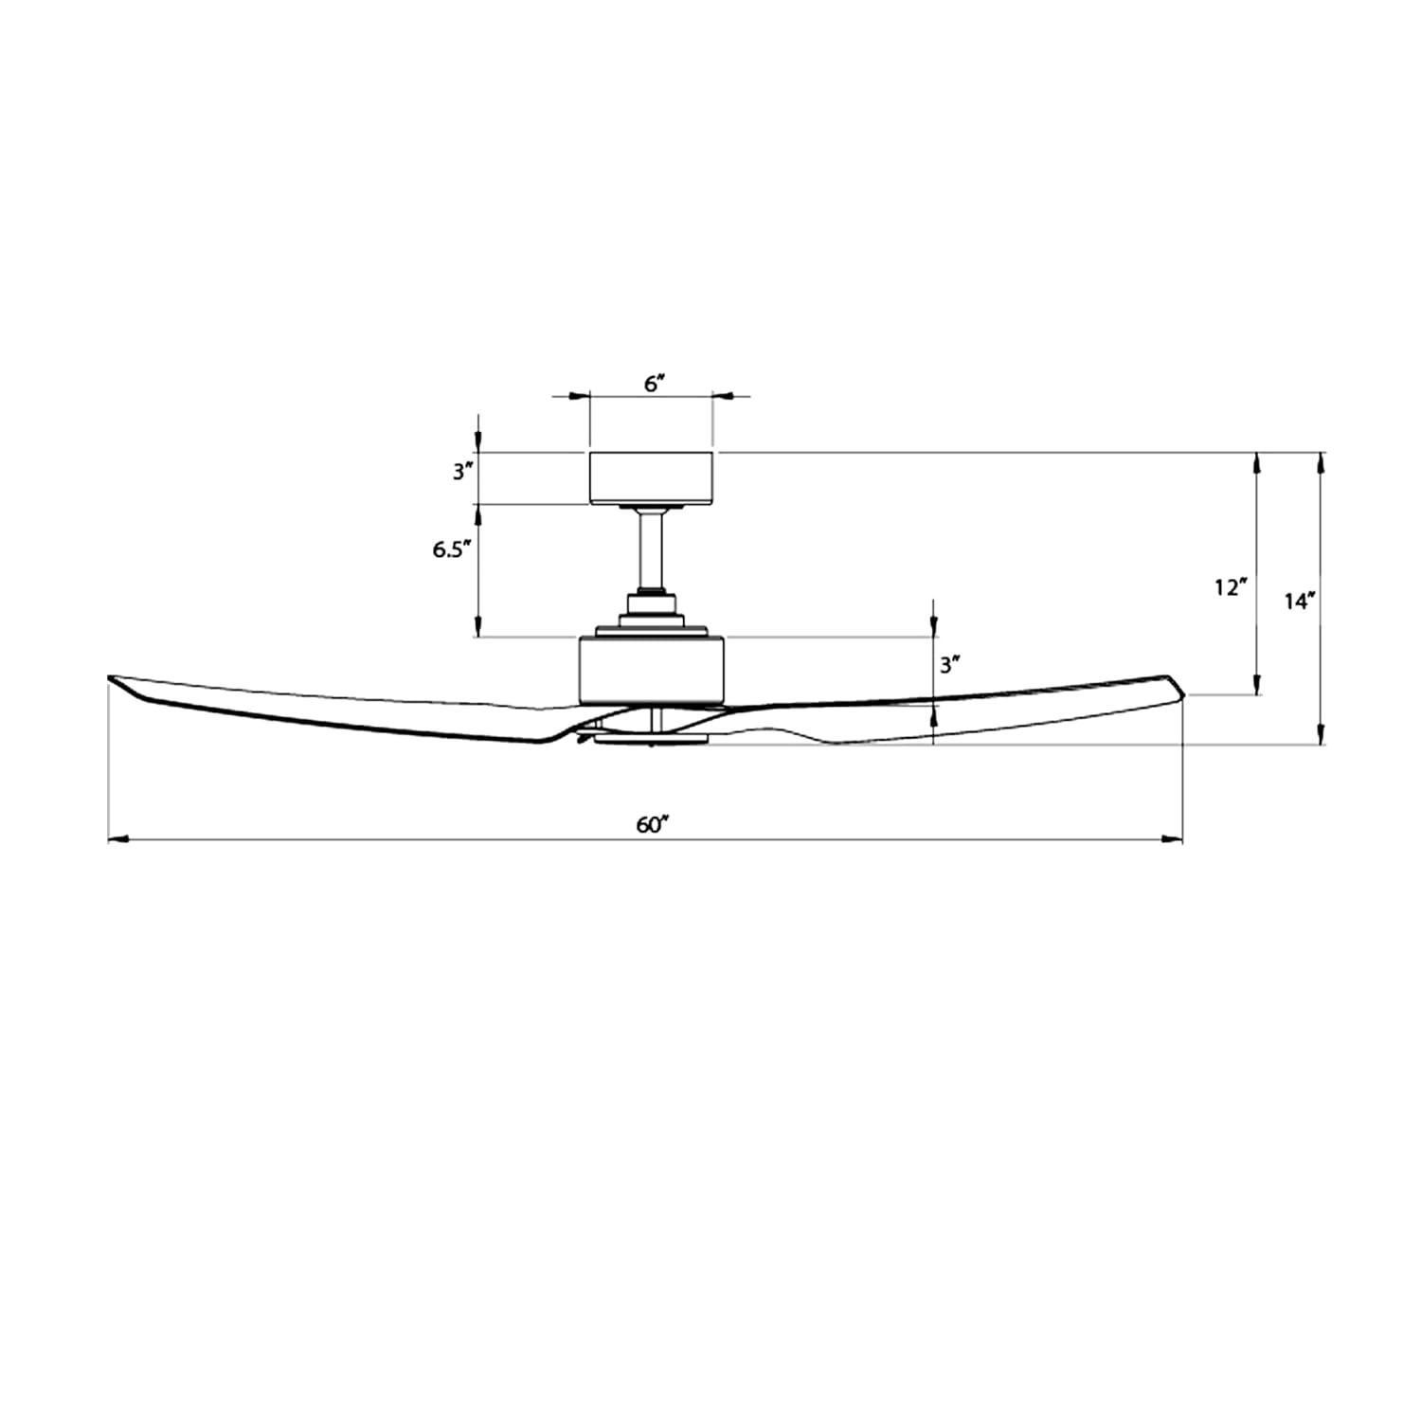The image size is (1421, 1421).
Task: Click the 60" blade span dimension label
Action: point(653,825)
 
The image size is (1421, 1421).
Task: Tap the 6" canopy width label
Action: point(654,384)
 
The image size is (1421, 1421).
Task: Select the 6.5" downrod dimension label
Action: point(453,549)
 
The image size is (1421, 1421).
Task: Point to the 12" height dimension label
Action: point(1229,588)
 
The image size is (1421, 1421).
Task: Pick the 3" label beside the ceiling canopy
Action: point(462,471)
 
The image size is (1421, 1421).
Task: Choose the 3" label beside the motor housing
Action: point(949,665)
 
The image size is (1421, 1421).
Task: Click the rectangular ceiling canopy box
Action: point(652,478)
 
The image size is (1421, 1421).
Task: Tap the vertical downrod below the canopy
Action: point(652,549)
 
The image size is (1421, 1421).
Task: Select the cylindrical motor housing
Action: point(652,670)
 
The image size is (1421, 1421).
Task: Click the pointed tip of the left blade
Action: point(112,678)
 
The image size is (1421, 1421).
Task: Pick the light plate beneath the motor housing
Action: point(651,739)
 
